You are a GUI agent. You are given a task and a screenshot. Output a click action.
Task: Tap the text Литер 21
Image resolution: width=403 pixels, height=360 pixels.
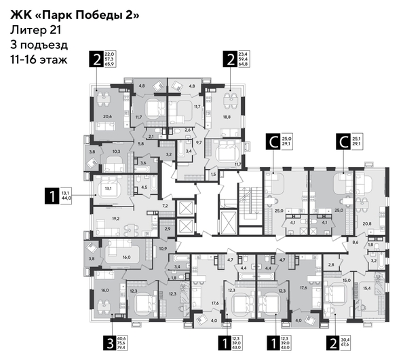click(33, 30)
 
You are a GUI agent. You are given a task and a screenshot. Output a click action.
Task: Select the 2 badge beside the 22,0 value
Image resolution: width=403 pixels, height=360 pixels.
click(98, 59)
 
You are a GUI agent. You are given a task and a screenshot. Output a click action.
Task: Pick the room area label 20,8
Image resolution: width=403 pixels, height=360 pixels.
click(366, 223)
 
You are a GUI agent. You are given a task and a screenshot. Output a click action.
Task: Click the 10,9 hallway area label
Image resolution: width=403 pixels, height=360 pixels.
click(161, 249)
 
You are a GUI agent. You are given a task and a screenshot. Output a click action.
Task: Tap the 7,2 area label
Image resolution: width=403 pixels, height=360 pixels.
click(164, 204)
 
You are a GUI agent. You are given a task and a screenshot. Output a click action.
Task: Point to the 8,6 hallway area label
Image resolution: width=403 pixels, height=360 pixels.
click(354, 242)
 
